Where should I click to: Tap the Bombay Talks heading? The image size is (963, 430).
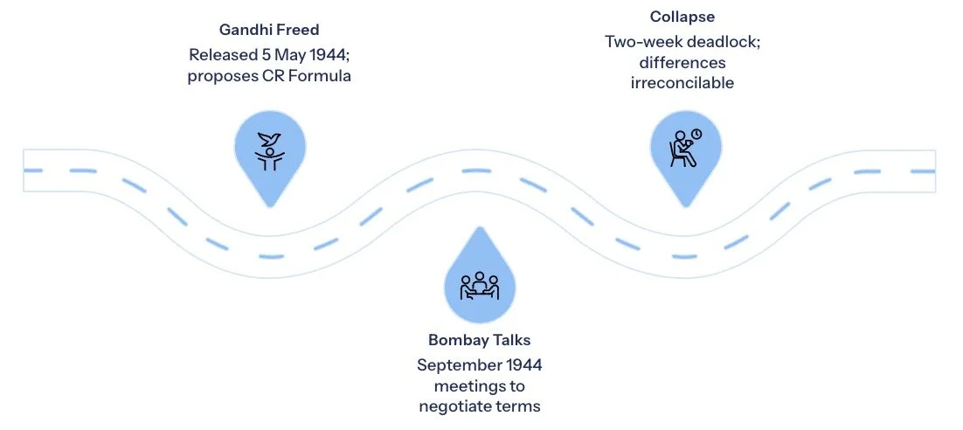(x=479, y=339)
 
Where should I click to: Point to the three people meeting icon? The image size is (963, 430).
(x=479, y=285)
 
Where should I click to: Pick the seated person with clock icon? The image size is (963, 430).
(x=685, y=147)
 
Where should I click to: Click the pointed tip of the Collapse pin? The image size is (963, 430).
(x=685, y=206)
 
